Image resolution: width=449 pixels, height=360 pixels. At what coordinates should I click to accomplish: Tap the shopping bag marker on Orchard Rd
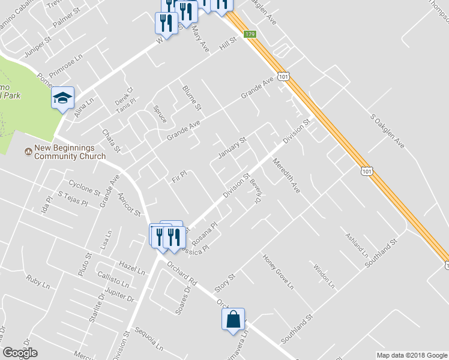click(x=234, y=320)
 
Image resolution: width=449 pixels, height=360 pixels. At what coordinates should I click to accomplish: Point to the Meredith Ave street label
click(x=286, y=174)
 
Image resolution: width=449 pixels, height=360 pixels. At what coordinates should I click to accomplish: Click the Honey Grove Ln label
click(x=279, y=272)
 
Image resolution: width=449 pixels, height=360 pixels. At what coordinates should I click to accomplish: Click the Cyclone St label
click(x=84, y=184)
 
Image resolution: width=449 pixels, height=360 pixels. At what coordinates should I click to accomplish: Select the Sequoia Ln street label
click(x=149, y=340)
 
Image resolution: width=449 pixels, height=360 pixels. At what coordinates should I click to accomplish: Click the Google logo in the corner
click(x=20, y=353)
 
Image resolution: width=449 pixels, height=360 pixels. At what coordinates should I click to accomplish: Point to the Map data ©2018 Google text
click(x=411, y=355)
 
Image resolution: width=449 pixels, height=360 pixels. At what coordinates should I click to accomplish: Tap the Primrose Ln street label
click(x=65, y=63)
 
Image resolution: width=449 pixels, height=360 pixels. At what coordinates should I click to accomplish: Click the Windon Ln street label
click(x=323, y=274)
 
